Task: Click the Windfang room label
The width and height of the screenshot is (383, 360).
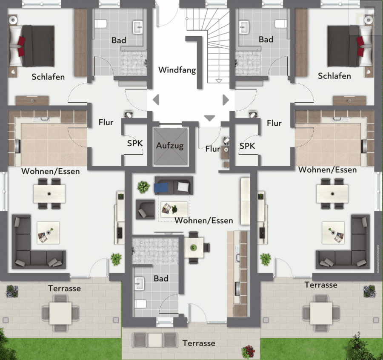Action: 177,70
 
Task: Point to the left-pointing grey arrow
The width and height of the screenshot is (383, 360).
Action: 156,100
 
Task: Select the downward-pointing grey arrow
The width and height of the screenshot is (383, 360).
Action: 209,118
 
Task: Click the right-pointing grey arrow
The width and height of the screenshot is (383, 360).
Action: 226,100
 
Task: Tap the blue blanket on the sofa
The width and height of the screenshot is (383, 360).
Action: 161,187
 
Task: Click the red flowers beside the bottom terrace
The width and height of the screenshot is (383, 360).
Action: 248,351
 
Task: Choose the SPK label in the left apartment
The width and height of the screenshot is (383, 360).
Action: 135,143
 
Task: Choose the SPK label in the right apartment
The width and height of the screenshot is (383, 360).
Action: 247,146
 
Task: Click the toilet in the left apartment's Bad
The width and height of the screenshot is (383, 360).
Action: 100,24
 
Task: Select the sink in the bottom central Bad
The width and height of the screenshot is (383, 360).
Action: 139,283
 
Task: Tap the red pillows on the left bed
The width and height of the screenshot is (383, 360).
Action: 21,46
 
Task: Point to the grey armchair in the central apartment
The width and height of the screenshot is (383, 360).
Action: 146,209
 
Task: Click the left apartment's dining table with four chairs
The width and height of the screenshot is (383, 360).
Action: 49,194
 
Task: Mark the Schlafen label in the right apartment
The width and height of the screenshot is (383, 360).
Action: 334,76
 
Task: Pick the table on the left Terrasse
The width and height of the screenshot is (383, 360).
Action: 60,313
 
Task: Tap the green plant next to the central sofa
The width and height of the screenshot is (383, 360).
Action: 144,187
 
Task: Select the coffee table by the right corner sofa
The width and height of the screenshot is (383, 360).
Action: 333,233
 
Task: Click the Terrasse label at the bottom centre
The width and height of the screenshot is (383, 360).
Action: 199,343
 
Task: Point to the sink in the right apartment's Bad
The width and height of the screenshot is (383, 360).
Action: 244,27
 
